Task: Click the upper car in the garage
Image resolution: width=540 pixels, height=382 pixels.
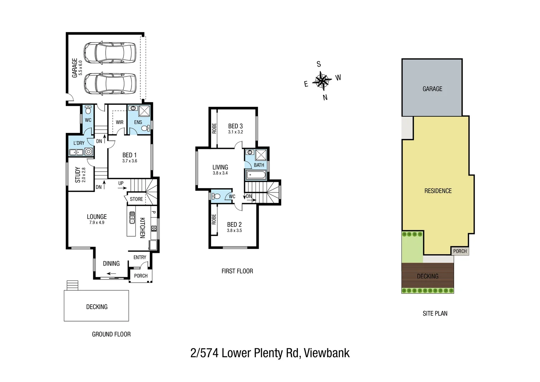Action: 110,53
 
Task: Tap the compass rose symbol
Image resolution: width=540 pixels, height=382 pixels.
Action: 322,80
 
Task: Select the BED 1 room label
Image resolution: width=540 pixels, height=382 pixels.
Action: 129,155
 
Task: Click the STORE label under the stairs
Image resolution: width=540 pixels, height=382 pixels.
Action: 136,199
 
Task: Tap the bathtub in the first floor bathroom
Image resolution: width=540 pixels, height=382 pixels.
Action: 255,175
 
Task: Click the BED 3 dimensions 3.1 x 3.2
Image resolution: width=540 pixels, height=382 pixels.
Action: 235,132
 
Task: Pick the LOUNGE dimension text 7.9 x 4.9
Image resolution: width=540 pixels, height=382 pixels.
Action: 96,223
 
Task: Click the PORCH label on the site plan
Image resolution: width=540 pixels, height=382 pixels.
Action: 460,251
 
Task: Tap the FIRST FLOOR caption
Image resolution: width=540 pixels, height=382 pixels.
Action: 237,271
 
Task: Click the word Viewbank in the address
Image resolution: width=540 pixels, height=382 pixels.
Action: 327,353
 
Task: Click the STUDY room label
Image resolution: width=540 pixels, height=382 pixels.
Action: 77,175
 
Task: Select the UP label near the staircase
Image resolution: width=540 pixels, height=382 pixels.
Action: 121,183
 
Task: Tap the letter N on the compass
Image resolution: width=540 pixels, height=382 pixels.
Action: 325,98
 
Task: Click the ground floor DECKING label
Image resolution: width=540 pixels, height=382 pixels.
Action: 97,307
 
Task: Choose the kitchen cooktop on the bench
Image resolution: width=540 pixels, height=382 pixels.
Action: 154,228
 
